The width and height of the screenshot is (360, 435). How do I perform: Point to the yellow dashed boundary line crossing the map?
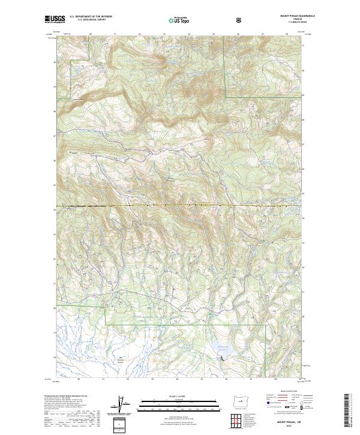pyautogui.click(x=180, y=206)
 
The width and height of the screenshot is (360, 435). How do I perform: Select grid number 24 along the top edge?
pyautogui.click(x=189, y=35)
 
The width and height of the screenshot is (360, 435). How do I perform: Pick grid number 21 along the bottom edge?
pyautogui.click(x=103, y=379)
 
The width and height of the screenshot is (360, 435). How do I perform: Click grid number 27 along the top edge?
pyautogui.click(x=263, y=35)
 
